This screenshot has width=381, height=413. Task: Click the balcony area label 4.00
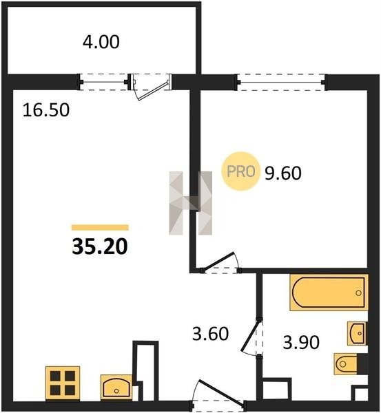click(x=101, y=42)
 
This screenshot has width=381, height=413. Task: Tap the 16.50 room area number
click(x=46, y=110)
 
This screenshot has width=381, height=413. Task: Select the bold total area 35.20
click(x=100, y=247)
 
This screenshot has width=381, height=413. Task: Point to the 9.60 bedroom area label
click(x=283, y=173)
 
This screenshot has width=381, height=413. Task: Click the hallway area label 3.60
click(x=210, y=333)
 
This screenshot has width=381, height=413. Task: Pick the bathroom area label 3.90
click(x=301, y=343)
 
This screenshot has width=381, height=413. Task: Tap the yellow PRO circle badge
click(x=240, y=171)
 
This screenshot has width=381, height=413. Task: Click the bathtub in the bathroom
click(x=329, y=293)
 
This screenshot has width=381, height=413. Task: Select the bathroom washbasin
click(x=357, y=333)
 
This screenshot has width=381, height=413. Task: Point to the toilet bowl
click(x=345, y=363)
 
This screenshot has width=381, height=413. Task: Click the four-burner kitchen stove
click(x=63, y=382)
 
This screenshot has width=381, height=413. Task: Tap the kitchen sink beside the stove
click(x=116, y=386)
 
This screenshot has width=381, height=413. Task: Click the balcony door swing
click(x=151, y=87)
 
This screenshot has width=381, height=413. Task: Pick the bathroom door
click(x=251, y=337)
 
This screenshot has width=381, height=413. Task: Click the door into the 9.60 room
click(x=221, y=263)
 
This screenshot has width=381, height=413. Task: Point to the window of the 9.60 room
click(x=281, y=83)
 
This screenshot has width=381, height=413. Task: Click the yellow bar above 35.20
click(x=100, y=228)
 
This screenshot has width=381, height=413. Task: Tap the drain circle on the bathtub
click(x=358, y=293)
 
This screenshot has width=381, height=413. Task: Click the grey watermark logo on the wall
click(x=190, y=203)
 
